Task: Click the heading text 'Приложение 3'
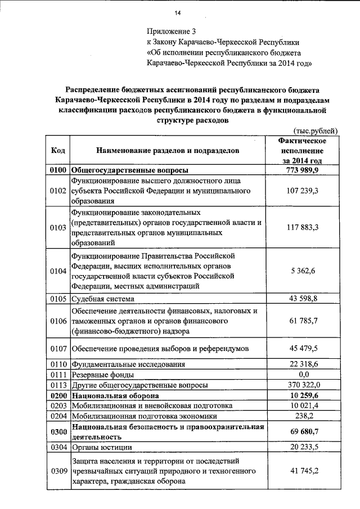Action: [170, 31]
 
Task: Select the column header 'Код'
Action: [58, 151]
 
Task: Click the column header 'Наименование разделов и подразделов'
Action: [168, 151]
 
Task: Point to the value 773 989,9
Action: [304, 170]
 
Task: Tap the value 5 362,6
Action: [304, 271]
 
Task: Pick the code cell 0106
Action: [58, 321]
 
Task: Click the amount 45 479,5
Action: [304, 348]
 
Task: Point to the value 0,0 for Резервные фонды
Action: [304, 375]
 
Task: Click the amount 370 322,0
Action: [304, 385]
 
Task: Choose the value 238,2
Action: [304, 416]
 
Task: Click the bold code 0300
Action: [58, 431]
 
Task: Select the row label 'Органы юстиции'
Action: [102, 448]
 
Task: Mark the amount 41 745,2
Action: [304, 470]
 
